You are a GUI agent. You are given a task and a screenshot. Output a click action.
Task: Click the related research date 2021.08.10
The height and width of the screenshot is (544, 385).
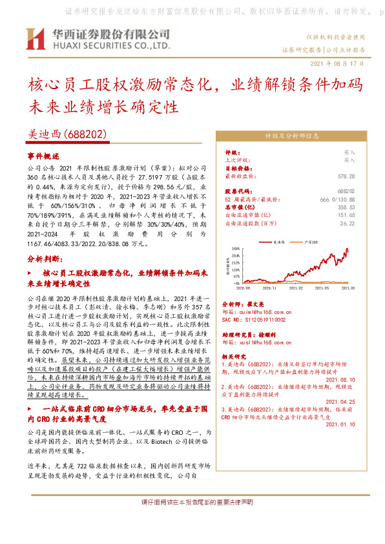click(x=341, y=380)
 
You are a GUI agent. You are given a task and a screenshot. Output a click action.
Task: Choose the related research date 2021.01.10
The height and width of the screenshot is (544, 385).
click(x=341, y=424)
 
